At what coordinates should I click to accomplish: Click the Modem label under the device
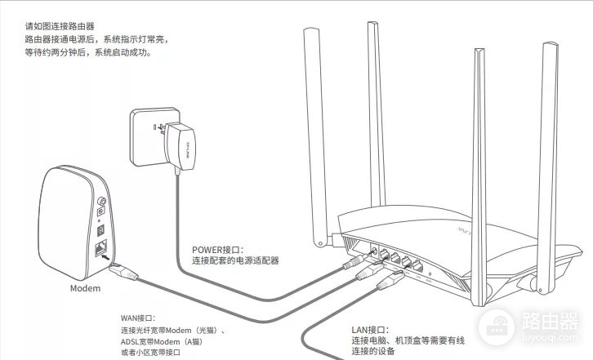click(x=84, y=289)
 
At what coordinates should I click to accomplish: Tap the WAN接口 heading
click(x=137, y=318)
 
